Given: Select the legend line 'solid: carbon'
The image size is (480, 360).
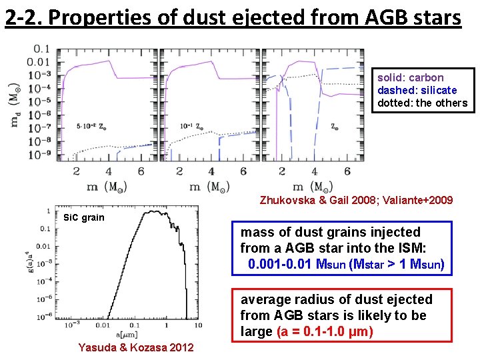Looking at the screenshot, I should tap(411, 78).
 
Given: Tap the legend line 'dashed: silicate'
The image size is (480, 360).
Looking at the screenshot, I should tap(417, 91).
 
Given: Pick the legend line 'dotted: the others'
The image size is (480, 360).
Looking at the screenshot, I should tap(423, 103).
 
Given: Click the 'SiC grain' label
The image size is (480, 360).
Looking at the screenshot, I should tap(83, 217).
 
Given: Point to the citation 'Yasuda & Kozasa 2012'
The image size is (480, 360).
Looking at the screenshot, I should tap(136, 347).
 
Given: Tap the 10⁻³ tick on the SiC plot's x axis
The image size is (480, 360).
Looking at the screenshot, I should tap(69, 325).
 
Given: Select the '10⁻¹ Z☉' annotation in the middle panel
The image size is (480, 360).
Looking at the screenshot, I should tap(193, 125).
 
